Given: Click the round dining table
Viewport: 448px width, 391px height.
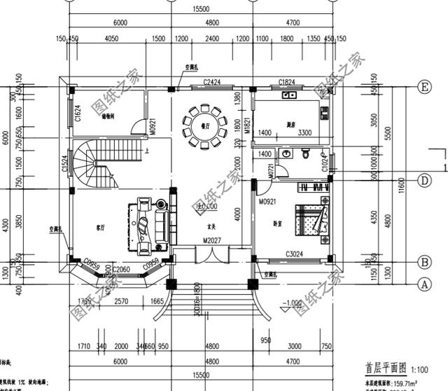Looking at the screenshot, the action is pos(203,127).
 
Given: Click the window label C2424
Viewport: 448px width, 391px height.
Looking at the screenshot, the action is pos(212,83).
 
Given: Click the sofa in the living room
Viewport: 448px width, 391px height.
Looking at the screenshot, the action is pos(148,228).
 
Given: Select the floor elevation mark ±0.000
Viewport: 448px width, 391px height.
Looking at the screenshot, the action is pos(208,208).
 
